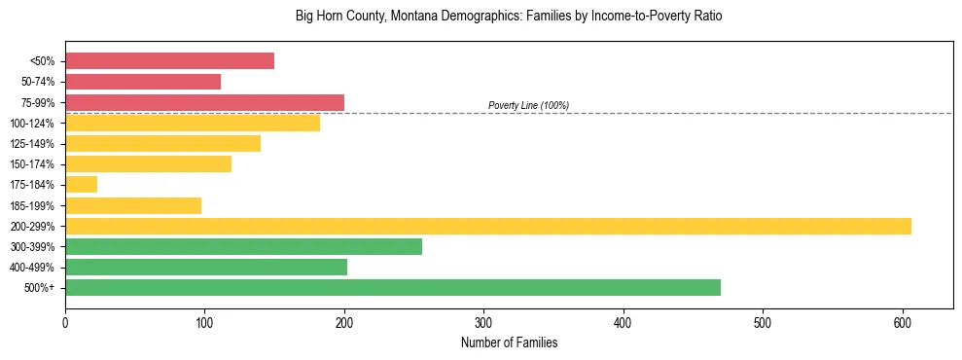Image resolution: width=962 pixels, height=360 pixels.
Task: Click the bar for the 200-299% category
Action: coord(487,226)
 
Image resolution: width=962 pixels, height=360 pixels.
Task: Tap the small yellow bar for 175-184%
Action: coord(81,184)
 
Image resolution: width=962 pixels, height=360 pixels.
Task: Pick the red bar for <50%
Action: coord(169,61)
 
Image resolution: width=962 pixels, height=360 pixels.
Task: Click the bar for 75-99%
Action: coord(204,102)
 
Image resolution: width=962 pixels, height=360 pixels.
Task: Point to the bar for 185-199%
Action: coord(133,205)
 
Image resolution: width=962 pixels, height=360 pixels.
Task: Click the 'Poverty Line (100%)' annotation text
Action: coord(528,105)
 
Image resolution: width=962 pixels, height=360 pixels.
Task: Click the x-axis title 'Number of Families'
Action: coord(509,343)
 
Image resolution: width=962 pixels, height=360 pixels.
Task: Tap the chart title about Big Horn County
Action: coord(509,17)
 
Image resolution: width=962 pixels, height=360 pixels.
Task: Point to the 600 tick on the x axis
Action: coord(902,321)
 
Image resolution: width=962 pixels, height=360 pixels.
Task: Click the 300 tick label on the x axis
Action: coord(483,321)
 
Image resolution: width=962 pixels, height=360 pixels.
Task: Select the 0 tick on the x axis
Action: coord(65,321)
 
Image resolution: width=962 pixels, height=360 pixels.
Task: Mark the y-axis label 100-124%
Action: coord(32,124)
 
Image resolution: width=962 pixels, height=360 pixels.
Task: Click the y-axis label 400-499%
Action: coord(32,268)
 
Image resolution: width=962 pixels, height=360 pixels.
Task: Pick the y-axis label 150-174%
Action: coord(32,164)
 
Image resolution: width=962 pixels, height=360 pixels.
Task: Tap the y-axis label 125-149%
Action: coord(32,144)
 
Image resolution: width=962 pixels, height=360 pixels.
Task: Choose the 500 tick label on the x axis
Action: coord(763,321)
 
